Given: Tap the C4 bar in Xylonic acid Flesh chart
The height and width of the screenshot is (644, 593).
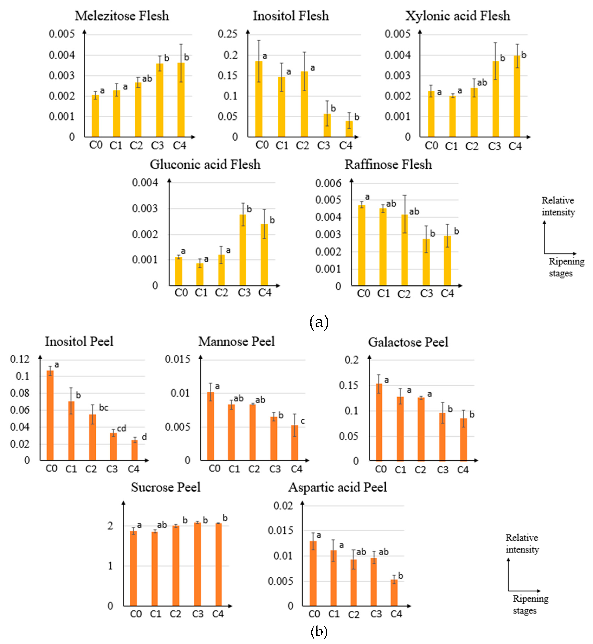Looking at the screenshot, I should click(x=517, y=96).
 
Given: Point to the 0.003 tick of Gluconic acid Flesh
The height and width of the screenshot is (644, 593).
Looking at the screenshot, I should click(x=145, y=209).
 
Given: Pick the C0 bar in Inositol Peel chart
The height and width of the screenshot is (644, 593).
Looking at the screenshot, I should click(x=50, y=415).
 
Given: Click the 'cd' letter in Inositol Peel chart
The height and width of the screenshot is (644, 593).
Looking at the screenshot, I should click(x=122, y=428).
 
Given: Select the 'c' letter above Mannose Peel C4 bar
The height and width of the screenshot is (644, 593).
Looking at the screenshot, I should click(x=303, y=421).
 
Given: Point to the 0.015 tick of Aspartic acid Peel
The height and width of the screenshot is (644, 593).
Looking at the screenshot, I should click(x=280, y=530).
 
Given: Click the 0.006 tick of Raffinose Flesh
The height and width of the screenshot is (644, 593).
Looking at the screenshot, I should click(x=328, y=183).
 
